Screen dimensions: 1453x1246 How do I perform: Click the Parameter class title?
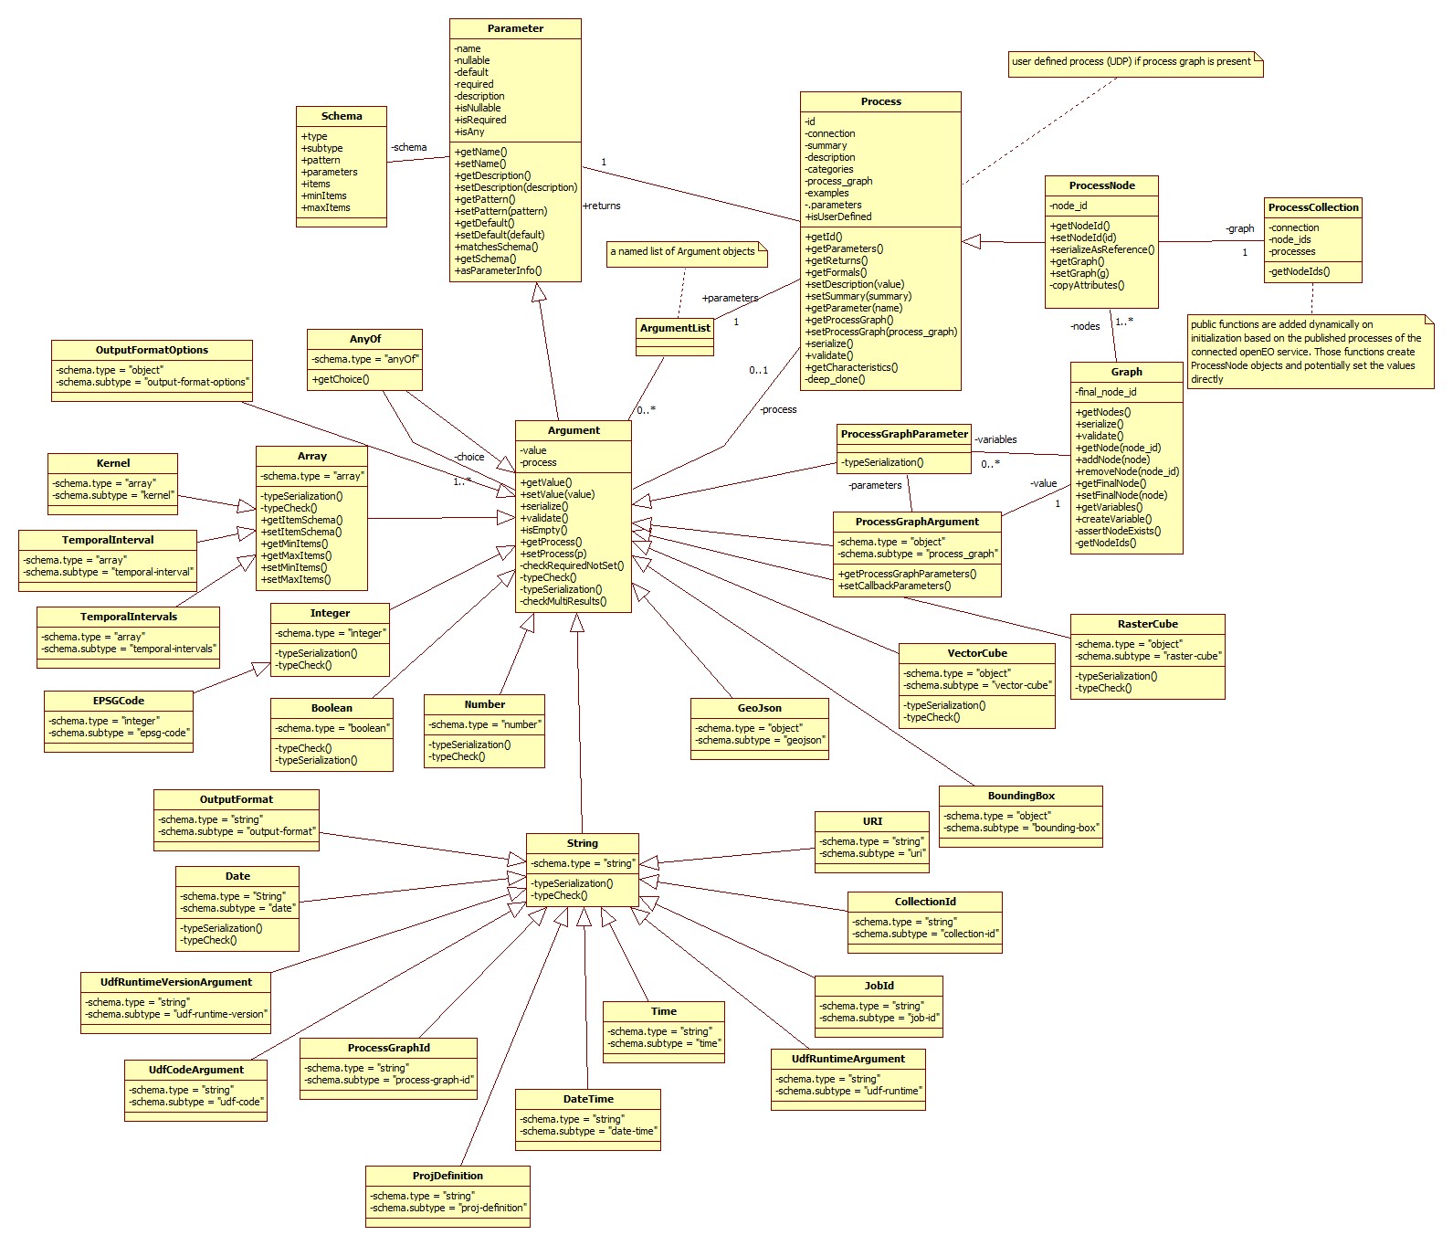tap(515, 28)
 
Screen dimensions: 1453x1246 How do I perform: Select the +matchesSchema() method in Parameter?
tap(496, 247)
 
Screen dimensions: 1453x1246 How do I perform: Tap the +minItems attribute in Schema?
tap(324, 195)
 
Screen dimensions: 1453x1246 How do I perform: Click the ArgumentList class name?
tap(675, 328)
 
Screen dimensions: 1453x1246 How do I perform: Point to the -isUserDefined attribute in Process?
tap(838, 216)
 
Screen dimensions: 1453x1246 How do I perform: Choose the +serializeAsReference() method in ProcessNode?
tap(1102, 249)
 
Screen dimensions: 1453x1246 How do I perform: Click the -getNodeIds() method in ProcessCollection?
tap(1299, 271)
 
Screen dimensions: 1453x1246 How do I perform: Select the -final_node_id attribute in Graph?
tap(1107, 392)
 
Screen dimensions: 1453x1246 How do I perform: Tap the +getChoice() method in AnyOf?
tap(341, 379)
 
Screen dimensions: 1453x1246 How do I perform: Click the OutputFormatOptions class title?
tap(152, 350)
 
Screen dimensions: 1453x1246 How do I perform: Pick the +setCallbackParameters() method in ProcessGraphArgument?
tap(894, 586)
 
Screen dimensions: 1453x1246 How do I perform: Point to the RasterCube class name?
tap(1147, 624)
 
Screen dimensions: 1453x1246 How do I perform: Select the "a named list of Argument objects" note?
tap(682, 251)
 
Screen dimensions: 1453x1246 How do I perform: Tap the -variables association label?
tap(995, 439)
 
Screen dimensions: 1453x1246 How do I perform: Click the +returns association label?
tap(602, 206)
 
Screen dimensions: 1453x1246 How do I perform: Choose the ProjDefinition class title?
tap(447, 1176)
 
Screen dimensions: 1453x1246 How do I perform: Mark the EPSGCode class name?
tap(119, 701)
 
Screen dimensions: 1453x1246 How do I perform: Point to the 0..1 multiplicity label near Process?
tap(758, 370)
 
